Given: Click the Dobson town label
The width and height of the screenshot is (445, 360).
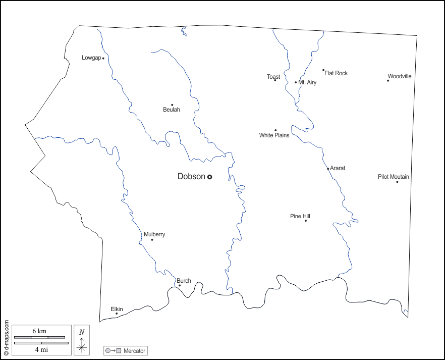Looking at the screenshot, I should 191,176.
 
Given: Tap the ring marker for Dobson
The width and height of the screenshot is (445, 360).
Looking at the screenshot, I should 209,177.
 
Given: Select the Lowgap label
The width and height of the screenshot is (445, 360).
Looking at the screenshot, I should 91,58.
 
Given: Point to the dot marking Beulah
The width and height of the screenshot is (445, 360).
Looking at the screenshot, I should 172,105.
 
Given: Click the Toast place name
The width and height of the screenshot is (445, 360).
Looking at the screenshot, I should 273,77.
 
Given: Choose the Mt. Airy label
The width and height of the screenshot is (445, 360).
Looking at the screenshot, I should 307,82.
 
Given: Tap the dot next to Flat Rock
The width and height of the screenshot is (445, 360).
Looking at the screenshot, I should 323,70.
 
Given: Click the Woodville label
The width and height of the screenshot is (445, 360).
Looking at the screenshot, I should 400,76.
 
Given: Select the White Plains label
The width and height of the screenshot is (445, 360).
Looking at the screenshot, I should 274,135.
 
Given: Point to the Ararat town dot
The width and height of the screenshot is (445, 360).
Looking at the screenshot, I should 328,169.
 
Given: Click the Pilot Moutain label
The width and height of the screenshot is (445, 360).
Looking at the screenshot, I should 394,177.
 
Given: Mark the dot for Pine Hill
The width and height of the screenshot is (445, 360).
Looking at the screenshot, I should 305,221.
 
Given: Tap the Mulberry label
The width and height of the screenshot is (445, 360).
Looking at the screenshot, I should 154,234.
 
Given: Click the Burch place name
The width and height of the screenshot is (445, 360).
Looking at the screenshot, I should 184,281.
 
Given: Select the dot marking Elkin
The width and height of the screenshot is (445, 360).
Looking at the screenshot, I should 117,314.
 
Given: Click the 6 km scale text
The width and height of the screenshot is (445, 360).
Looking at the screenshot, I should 39,331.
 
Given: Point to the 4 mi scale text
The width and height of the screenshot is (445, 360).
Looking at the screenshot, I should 41,349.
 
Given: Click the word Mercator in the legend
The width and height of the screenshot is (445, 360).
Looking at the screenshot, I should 134,350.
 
